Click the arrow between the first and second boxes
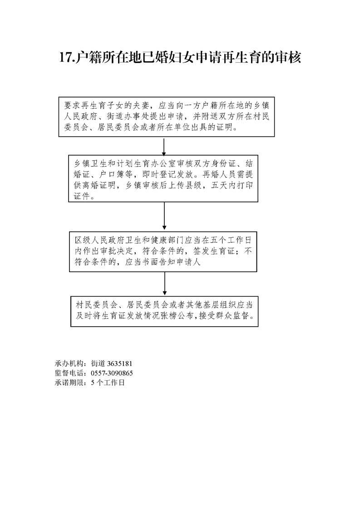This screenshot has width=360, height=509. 164,147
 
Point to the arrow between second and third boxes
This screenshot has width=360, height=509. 164,216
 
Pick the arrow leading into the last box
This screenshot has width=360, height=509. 165,284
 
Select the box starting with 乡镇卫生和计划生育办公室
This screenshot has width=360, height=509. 163,179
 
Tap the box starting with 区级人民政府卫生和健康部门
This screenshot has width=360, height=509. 163,252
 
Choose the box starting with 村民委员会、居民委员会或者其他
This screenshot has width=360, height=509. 164,311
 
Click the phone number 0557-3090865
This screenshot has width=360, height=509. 112,373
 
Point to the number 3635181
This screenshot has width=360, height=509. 119,363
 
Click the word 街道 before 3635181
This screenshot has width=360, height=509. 98,363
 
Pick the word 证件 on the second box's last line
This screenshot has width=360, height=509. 82,196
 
